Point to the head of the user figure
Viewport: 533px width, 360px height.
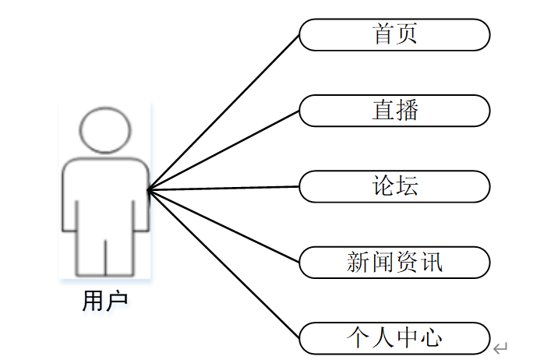(106, 129)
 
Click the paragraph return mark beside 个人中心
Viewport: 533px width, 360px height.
(500, 348)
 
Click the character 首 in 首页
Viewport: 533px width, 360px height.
(383, 34)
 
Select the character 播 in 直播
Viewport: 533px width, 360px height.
(407, 110)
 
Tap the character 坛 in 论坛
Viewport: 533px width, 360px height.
(407, 186)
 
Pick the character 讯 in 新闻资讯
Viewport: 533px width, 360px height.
(431, 262)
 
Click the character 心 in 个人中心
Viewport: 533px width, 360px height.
(431, 337)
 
